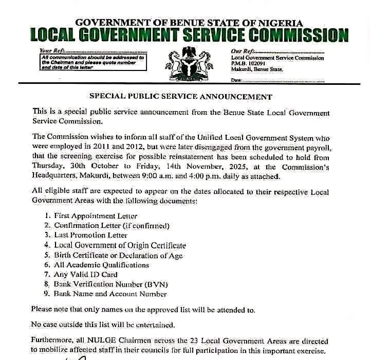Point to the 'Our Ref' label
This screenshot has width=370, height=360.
click(243, 51)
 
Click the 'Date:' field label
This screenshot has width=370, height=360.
click(236, 80)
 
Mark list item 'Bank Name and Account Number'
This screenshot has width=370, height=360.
click(110, 294)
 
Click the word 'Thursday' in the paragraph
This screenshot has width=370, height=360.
click(48, 167)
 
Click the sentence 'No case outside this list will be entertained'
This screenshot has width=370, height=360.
click(103, 325)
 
